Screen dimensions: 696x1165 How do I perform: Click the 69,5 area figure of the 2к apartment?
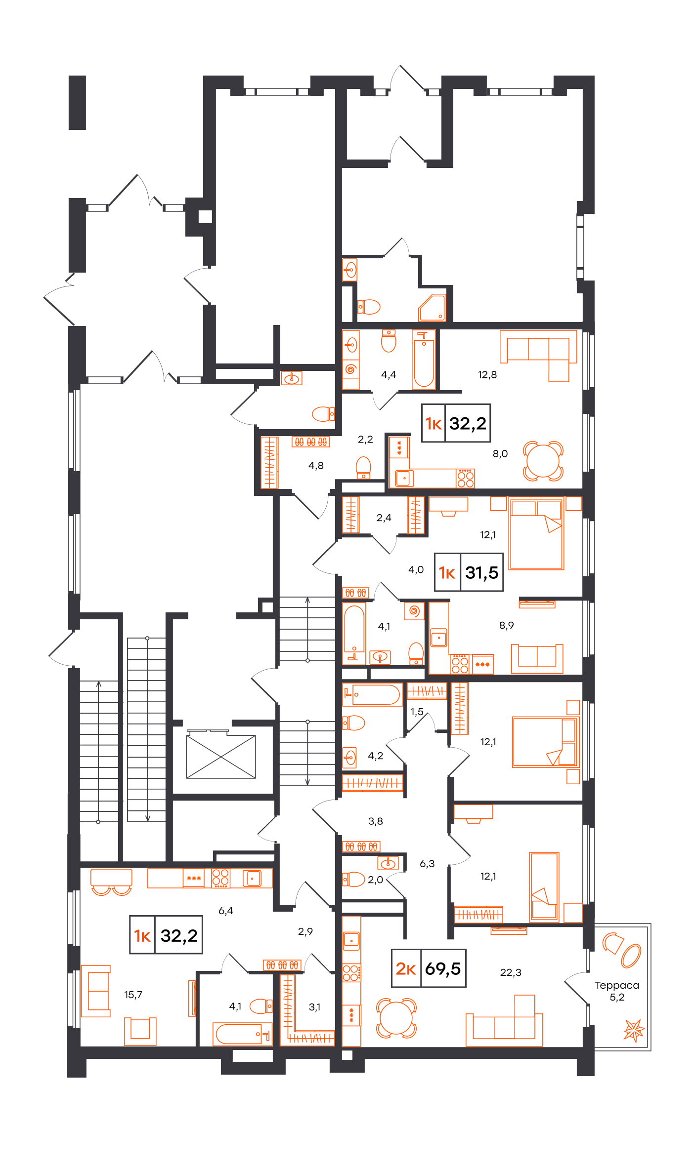pyautogui.click(x=442, y=968)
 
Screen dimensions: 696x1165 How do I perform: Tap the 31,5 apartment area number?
pyautogui.click(x=481, y=572)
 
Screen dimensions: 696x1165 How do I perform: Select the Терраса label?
pyautogui.click(x=617, y=985)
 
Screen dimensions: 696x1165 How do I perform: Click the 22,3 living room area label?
pyautogui.click(x=511, y=972)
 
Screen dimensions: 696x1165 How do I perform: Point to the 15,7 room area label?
pyautogui.click(x=133, y=995)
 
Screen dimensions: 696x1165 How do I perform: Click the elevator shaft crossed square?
pyautogui.click(x=221, y=757)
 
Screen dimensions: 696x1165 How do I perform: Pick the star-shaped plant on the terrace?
pyautogui.click(x=634, y=1030)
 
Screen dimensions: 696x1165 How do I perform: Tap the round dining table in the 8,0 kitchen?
pyautogui.click(x=543, y=461)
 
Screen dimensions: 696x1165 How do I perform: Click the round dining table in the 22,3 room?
pyautogui.click(x=396, y=1017)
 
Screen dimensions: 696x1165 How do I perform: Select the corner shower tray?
pyautogui.click(x=432, y=308)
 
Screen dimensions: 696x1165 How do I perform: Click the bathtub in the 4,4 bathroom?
pyautogui.click(x=424, y=360)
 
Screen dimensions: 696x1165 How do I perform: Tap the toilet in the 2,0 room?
pyautogui.click(x=353, y=879)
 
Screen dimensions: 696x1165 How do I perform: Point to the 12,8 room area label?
pyautogui.click(x=487, y=375)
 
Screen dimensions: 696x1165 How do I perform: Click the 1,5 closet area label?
pyautogui.click(x=417, y=712)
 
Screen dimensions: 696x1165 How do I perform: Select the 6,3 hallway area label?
pyautogui.click(x=427, y=864)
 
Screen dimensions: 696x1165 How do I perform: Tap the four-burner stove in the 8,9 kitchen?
pyautogui.click(x=460, y=664)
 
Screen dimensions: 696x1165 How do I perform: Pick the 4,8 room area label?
pyautogui.click(x=316, y=465)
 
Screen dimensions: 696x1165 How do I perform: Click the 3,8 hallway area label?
pyautogui.click(x=375, y=821)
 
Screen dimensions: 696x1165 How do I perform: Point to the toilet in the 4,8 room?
pyautogui.click(x=363, y=468)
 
